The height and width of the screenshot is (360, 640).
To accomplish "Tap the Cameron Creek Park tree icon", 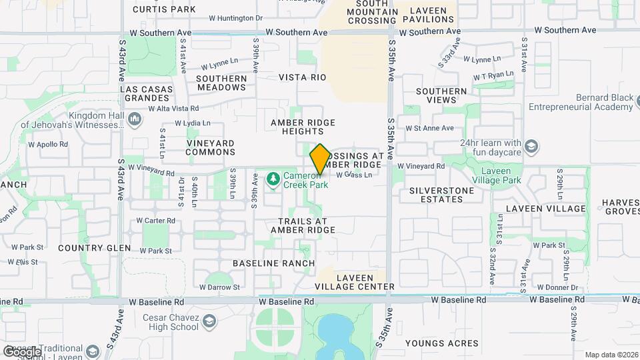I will coord(272,179).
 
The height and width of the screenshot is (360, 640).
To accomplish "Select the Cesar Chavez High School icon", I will coord(210,322).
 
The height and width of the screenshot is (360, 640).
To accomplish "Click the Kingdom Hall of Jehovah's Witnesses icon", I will coord(135,119).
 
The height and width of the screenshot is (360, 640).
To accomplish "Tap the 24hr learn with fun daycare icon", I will coord(531,147).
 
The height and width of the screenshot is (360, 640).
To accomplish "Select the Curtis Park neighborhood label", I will coord(164,9).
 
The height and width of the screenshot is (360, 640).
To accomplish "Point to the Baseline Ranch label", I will coord(273,263).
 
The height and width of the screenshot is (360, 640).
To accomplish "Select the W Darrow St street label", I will coord(217,287).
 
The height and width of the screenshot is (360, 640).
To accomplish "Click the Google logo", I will coord(21,351).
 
